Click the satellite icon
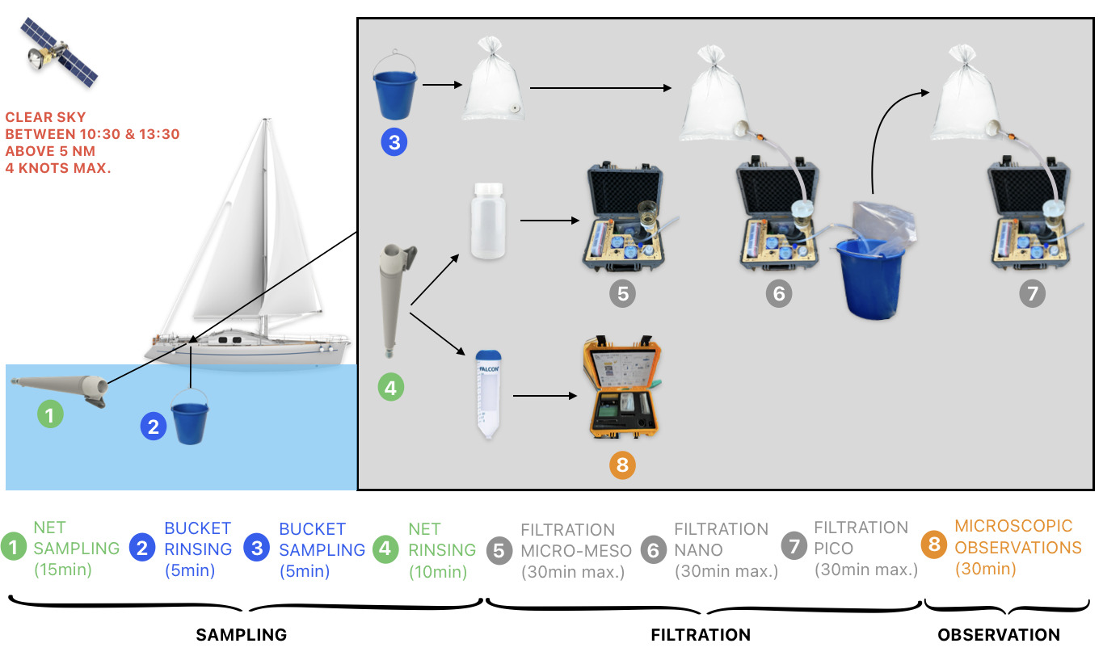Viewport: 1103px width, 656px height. [x=58, y=53]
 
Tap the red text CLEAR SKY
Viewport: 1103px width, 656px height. [x=45, y=117]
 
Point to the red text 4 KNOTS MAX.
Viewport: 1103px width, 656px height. [x=59, y=169]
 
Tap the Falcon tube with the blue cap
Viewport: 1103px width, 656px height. [x=488, y=393]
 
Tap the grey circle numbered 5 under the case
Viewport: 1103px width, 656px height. [x=622, y=293]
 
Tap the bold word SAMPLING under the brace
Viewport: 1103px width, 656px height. [x=242, y=635]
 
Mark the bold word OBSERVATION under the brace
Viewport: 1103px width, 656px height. [x=999, y=635]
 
